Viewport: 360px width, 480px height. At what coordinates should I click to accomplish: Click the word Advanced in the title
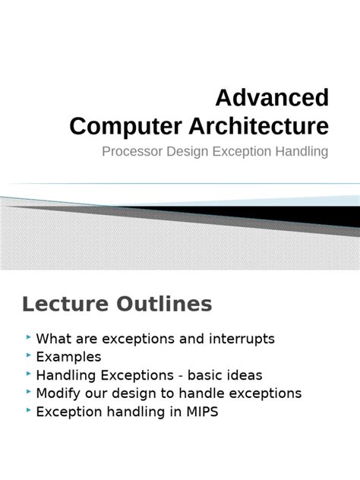tap(273, 98)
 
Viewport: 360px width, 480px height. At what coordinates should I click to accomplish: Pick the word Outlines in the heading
tap(162, 305)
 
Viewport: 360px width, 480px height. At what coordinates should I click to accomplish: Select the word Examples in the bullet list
tap(68, 356)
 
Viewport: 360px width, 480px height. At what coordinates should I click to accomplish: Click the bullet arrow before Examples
tap(28, 355)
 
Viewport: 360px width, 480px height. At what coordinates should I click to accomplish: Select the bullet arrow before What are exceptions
tap(28, 336)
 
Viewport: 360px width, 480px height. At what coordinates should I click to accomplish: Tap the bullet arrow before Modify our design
tap(28, 392)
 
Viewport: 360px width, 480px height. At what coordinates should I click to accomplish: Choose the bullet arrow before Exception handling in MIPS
tap(28, 410)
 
